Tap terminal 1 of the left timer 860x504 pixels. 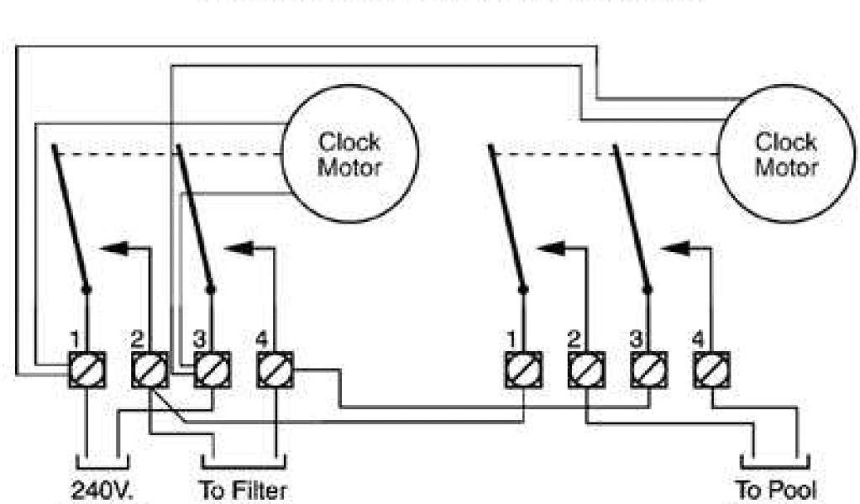point(87,369)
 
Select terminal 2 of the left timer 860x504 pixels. point(149,369)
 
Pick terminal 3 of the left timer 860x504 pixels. point(211,369)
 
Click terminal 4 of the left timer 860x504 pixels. point(274,369)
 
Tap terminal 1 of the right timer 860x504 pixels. point(522,369)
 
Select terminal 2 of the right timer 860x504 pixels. point(585,369)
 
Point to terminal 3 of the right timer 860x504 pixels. point(648,369)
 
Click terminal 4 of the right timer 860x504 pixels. point(711,369)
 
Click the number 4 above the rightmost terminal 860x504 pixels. point(698,339)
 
